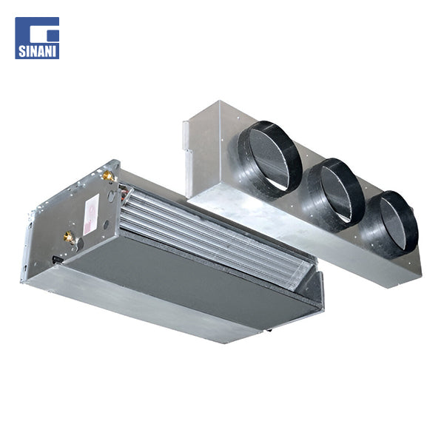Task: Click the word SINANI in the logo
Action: click(x=37, y=52)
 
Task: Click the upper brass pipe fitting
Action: click(x=108, y=176)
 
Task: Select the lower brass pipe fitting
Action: click(x=69, y=237)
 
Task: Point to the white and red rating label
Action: click(x=90, y=215)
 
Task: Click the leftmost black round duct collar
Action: click(x=268, y=159)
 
